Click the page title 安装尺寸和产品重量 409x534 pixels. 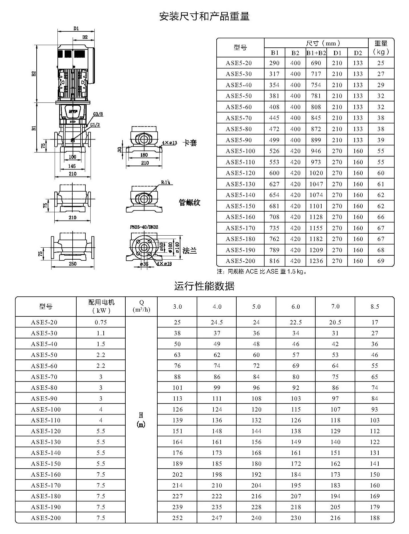click(x=204, y=16)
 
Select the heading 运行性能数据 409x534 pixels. click(x=204, y=286)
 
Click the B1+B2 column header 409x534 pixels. click(x=316, y=53)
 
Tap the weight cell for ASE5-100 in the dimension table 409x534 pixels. click(x=381, y=151)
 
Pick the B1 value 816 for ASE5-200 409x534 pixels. click(x=274, y=261)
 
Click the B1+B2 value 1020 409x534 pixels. click(x=316, y=173)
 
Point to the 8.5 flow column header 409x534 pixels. click(x=375, y=306)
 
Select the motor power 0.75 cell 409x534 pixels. click(x=101, y=322)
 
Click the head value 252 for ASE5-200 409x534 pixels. click(x=177, y=518)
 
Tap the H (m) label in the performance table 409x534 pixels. click(x=141, y=420)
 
